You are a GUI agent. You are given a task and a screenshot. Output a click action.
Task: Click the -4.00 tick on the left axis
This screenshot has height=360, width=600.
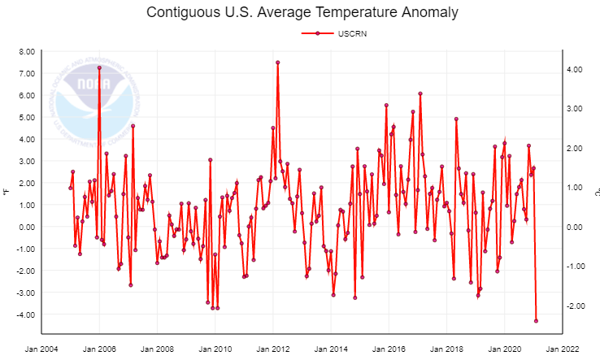(x=24, y=314)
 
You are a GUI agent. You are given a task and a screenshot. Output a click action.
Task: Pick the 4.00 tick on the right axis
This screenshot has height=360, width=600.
(x=574, y=69)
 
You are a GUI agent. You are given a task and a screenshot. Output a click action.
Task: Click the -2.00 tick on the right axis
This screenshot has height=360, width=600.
(x=574, y=306)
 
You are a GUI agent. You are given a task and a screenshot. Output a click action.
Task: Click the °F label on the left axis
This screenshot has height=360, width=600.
(x=7, y=193)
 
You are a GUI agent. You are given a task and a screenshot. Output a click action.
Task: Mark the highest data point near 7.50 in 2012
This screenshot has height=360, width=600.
(x=278, y=63)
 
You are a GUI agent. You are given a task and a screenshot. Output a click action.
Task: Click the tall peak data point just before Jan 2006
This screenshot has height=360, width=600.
(x=99, y=67)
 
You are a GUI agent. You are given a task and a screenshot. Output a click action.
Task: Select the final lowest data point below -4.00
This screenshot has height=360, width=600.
(x=536, y=320)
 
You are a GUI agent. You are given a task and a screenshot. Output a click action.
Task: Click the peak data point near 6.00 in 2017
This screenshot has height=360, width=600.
(x=420, y=93)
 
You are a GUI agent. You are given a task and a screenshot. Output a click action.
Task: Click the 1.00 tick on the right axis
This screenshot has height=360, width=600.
(x=574, y=187)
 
